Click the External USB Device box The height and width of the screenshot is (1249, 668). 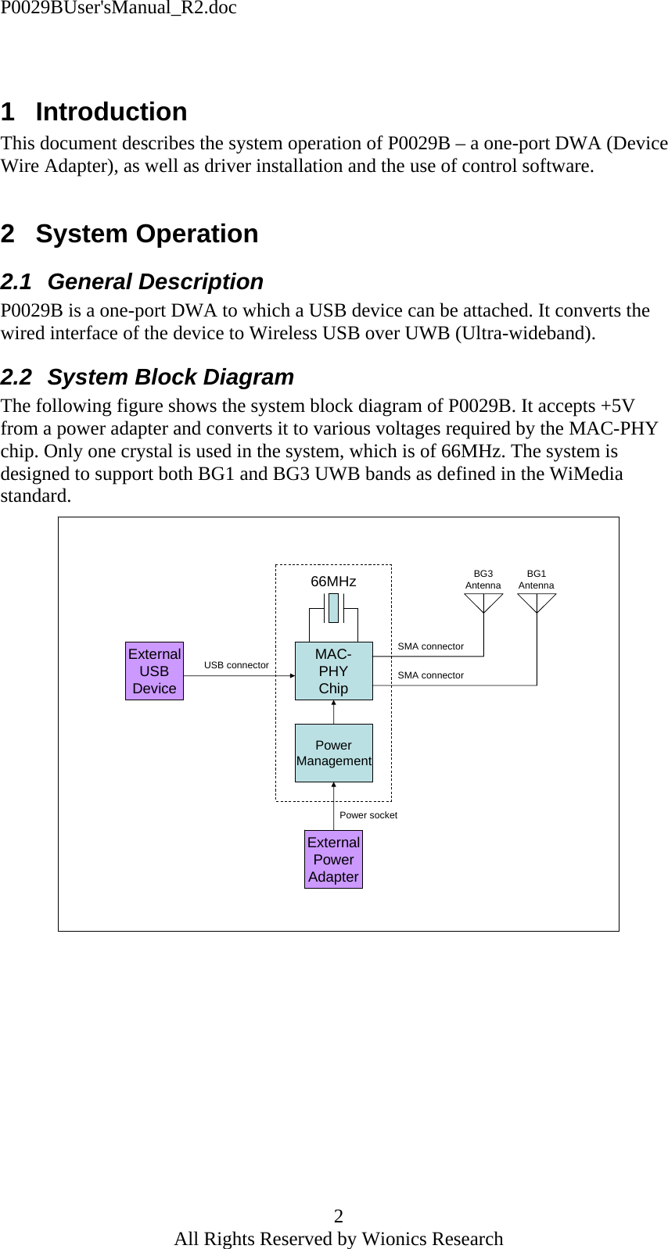(x=154, y=671)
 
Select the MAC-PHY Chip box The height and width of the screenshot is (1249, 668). (x=334, y=671)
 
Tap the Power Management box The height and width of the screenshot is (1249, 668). (x=334, y=753)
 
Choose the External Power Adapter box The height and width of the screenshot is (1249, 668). (x=333, y=859)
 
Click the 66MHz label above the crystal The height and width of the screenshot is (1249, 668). (x=333, y=582)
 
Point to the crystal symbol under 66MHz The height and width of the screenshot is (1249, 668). (x=334, y=608)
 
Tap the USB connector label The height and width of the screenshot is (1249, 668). (x=236, y=664)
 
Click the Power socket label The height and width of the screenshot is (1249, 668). (x=368, y=814)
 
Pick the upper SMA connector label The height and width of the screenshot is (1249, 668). (x=430, y=646)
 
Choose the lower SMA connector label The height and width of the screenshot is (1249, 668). (x=430, y=675)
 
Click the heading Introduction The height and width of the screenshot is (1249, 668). (x=111, y=112)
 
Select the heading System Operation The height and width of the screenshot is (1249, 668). (x=147, y=233)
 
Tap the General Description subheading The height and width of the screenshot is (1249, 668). (x=155, y=281)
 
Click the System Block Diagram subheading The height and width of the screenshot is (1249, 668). (x=171, y=377)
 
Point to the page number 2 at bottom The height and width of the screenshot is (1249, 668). (x=338, y=1215)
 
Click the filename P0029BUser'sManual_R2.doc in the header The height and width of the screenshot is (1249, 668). (x=118, y=8)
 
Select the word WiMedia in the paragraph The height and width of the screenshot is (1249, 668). (x=586, y=474)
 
